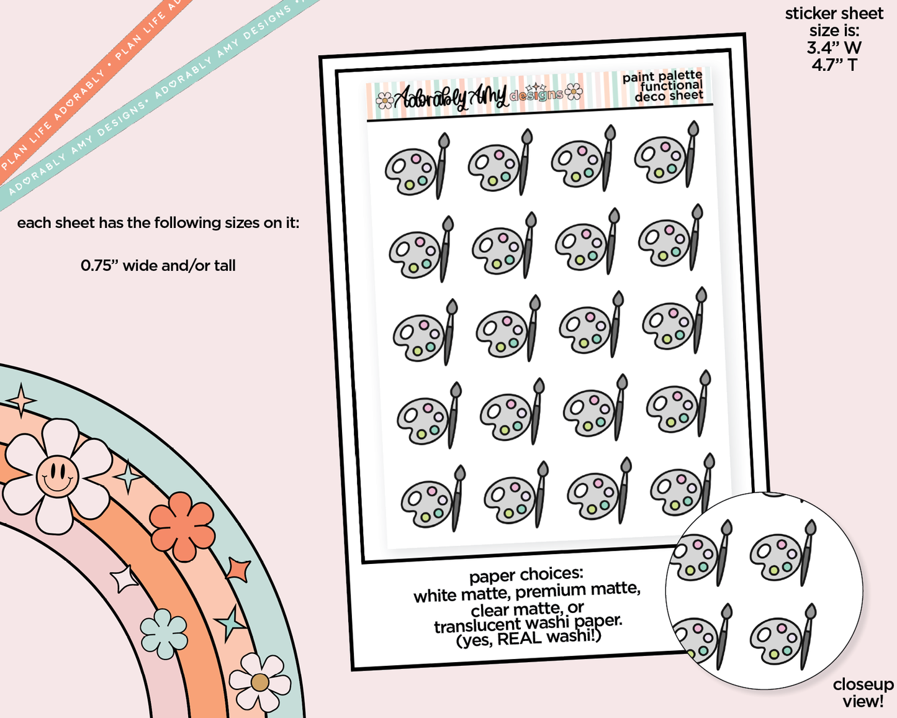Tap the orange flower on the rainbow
pos(183,527)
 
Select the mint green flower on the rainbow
pos(163,634)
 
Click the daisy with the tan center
pos(259,683)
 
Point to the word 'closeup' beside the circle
pos(863,684)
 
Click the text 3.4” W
pos(834,48)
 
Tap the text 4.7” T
pos(834,65)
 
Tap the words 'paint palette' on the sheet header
pos(662,77)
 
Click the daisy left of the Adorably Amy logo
pos(385,101)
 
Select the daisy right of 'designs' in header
pos(574,91)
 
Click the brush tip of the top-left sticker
pos(443,139)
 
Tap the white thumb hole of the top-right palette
pos(647,154)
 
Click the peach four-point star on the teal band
pos(21,401)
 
